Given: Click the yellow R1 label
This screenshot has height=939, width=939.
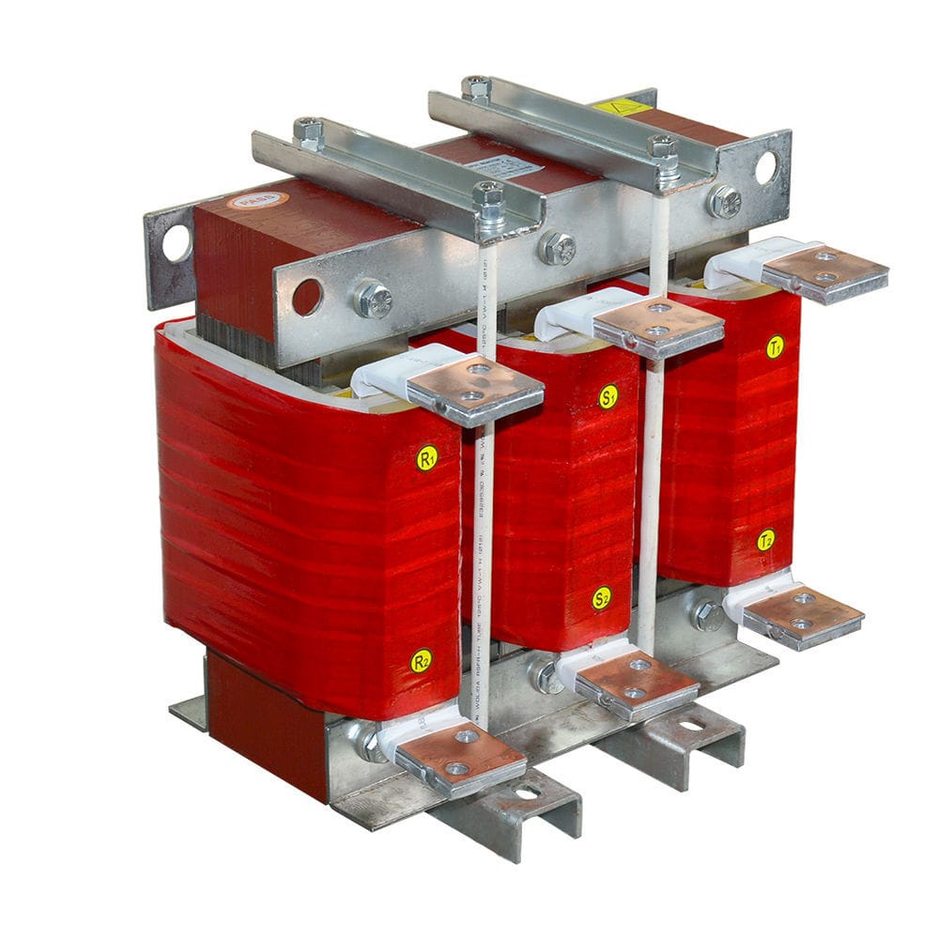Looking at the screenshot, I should [427, 458].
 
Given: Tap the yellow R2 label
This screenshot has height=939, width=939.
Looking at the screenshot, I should [422, 660].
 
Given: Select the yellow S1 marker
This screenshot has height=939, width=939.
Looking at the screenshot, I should [608, 396].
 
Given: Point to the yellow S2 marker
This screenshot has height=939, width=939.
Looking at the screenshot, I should [602, 597].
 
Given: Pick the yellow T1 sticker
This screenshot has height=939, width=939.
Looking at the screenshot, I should [775, 346].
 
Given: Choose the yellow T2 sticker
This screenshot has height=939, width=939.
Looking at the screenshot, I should [766, 540].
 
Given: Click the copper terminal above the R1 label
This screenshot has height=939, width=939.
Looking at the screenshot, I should [475, 386].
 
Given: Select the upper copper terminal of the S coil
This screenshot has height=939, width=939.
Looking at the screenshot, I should [658, 325].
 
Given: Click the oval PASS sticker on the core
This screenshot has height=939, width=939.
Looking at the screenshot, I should [246, 199].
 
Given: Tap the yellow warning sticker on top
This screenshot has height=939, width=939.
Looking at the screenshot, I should [622, 106].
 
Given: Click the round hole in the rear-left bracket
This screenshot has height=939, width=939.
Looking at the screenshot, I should [177, 243].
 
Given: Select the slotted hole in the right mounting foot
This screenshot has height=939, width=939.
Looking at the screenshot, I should [692, 725].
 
